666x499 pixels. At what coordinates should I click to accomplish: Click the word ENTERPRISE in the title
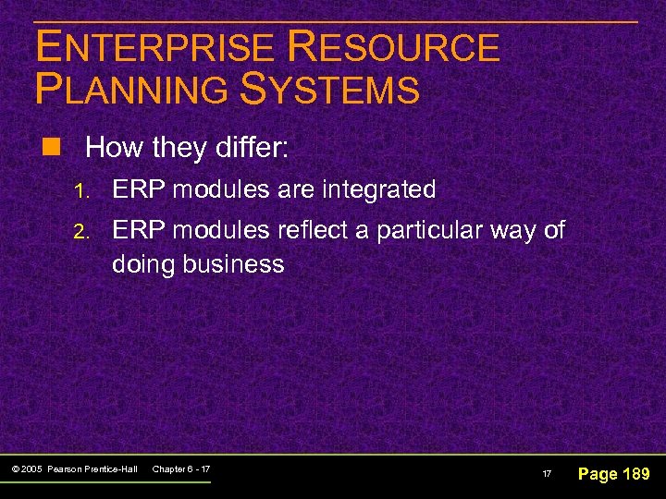click(x=155, y=48)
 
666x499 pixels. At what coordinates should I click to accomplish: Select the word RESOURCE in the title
click(x=394, y=48)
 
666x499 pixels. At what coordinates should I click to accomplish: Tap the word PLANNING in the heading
click(x=129, y=91)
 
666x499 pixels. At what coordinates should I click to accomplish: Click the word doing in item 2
click(x=142, y=265)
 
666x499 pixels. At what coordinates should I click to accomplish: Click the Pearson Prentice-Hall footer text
click(x=93, y=469)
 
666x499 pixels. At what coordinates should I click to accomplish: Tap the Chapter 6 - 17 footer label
click(x=180, y=469)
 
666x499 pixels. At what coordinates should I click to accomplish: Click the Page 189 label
click(x=613, y=474)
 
